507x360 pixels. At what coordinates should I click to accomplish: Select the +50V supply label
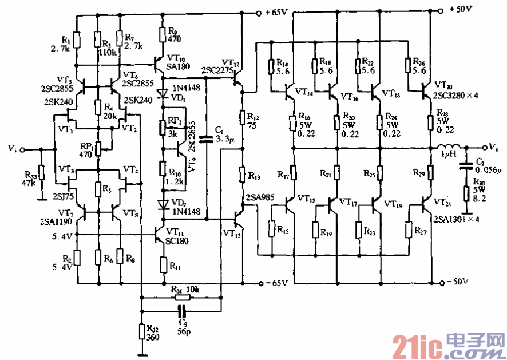point(461,9)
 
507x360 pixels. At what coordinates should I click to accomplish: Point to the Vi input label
point(12,149)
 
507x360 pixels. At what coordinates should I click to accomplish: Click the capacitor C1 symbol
point(206,137)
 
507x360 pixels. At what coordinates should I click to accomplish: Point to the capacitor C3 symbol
point(181,311)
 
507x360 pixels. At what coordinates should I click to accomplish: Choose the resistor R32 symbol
point(141,331)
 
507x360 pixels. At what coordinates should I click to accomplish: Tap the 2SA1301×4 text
point(455,218)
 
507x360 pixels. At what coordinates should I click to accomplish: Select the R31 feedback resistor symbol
point(182,298)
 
